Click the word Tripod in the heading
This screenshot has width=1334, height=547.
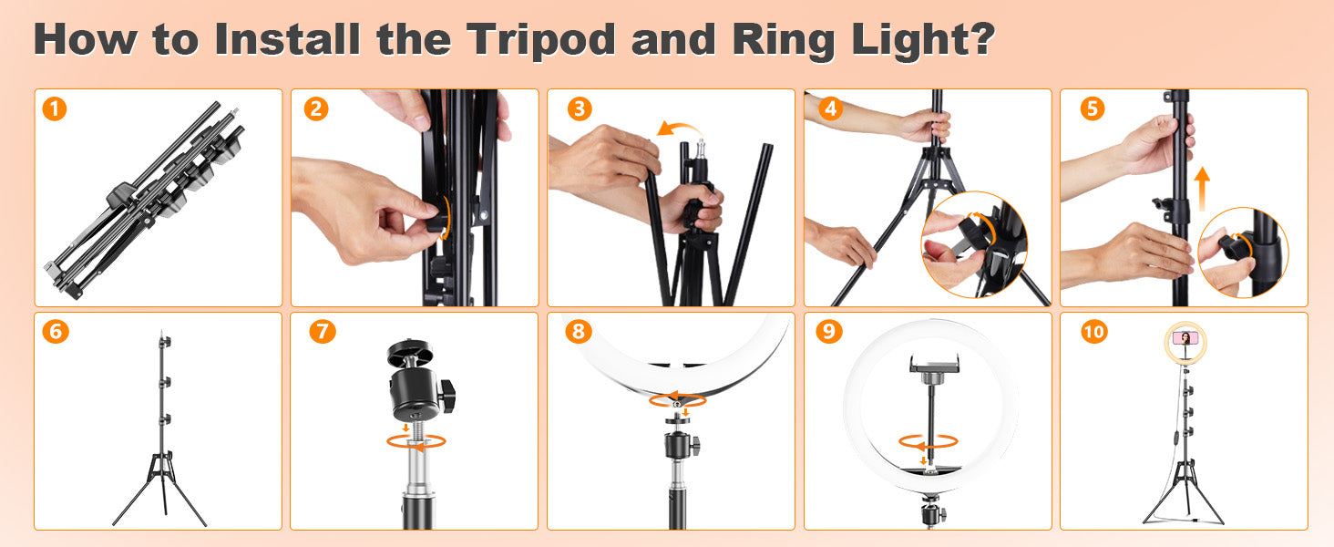(540, 40)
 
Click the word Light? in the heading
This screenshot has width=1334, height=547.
(923, 40)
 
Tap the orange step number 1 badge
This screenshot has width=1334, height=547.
(55, 109)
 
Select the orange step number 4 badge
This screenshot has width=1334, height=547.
(831, 108)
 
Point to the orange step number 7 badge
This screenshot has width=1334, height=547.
(323, 331)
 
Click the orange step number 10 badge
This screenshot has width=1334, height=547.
(1094, 331)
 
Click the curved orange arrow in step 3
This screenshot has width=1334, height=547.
(680, 128)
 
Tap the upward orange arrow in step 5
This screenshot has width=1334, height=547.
(1203, 189)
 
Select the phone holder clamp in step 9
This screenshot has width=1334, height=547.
(934, 366)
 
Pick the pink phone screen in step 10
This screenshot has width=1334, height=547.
(1185, 338)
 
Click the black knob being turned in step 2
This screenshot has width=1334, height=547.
(439, 218)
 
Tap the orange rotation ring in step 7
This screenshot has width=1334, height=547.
(416, 441)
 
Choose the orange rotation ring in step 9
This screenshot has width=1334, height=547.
(928, 442)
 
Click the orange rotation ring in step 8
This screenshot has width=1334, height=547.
(678, 400)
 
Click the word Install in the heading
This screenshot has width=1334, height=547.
(287, 40)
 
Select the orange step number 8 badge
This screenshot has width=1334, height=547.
(579, 331)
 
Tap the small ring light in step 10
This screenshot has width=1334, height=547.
(1185, 342)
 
